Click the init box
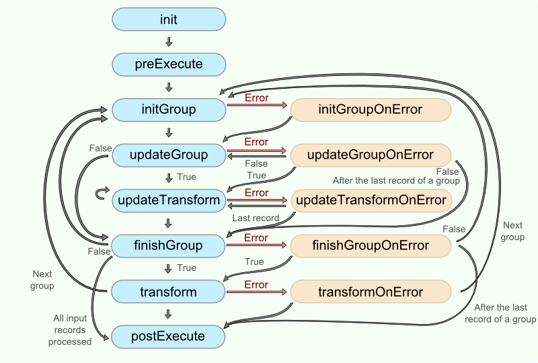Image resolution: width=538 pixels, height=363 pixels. point(169,19)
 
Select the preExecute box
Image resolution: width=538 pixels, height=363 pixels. point(169,65)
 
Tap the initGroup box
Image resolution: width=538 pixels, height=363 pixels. point(169,110)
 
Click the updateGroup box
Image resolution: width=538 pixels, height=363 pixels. point(169,155)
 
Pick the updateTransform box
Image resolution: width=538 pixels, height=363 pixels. point(169,200)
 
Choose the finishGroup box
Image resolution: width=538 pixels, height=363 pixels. point(169,245)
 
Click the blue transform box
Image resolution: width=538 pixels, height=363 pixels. point(169,292)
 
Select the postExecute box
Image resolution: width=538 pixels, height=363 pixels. point(169,336)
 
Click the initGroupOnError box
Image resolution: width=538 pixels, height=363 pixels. point(371,110)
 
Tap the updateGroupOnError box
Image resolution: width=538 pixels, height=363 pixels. point(371,155)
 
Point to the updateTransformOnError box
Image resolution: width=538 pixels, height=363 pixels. point(371,200)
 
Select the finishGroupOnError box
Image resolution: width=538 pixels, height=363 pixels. point(371,245)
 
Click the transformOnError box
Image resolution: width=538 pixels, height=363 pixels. point(371,292)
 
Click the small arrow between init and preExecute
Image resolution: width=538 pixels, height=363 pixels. point(169,42)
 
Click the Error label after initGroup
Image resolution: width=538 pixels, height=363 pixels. point(256,98)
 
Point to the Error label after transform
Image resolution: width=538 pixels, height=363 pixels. point(256,285)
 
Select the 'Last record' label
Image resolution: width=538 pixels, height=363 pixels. point(256,218)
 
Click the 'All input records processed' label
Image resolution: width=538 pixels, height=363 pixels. point(70,329)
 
